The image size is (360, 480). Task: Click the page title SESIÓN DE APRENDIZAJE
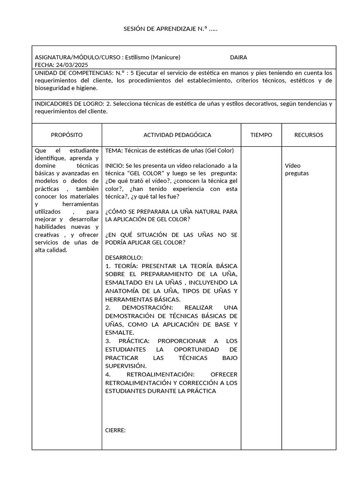170,29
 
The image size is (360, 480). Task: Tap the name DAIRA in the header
238,57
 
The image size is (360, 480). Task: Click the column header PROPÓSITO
67,135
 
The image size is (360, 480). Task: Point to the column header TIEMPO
261,135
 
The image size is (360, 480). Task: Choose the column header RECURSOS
308,135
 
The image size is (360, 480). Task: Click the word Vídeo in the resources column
292,165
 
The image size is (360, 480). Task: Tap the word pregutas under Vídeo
297,173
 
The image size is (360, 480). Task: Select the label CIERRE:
116,430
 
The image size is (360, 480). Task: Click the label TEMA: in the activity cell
114,150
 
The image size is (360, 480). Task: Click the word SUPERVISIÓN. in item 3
126,366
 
